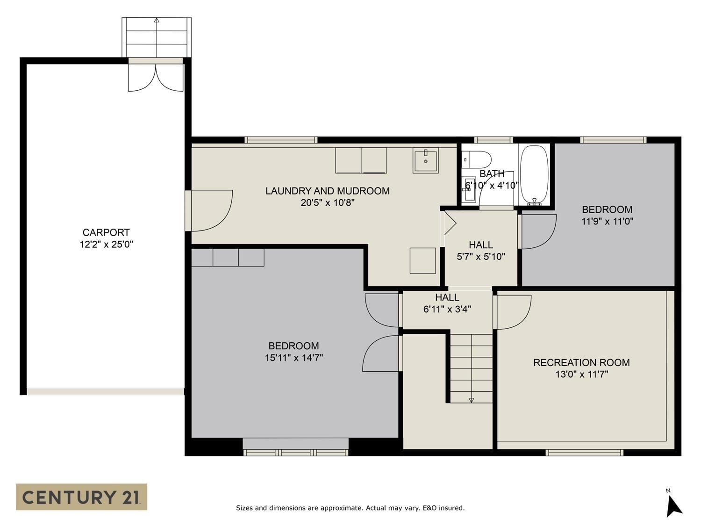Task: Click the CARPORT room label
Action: [x=106, y=232]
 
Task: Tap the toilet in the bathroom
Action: [x=476, y=159]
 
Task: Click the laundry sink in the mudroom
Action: [x=425, y=160]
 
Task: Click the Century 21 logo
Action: [x=81, y=497]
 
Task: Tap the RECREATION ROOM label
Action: [x=581, y=362]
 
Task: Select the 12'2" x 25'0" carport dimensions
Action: [x=107, y=245]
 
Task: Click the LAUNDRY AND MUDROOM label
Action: [x=328, y=191]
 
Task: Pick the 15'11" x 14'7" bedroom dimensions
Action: [x=294, y=358]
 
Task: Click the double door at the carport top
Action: [x=156, y=78]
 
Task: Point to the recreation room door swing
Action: [x=513, y=312]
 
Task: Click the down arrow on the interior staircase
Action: [x=472, y=400]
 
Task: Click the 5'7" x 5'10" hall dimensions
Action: [x=481, y=256]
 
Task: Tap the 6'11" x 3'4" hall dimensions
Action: [x=447, y=309]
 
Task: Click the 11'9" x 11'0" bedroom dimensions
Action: [x=607, y=221]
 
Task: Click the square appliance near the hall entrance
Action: [x=423, y=260]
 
